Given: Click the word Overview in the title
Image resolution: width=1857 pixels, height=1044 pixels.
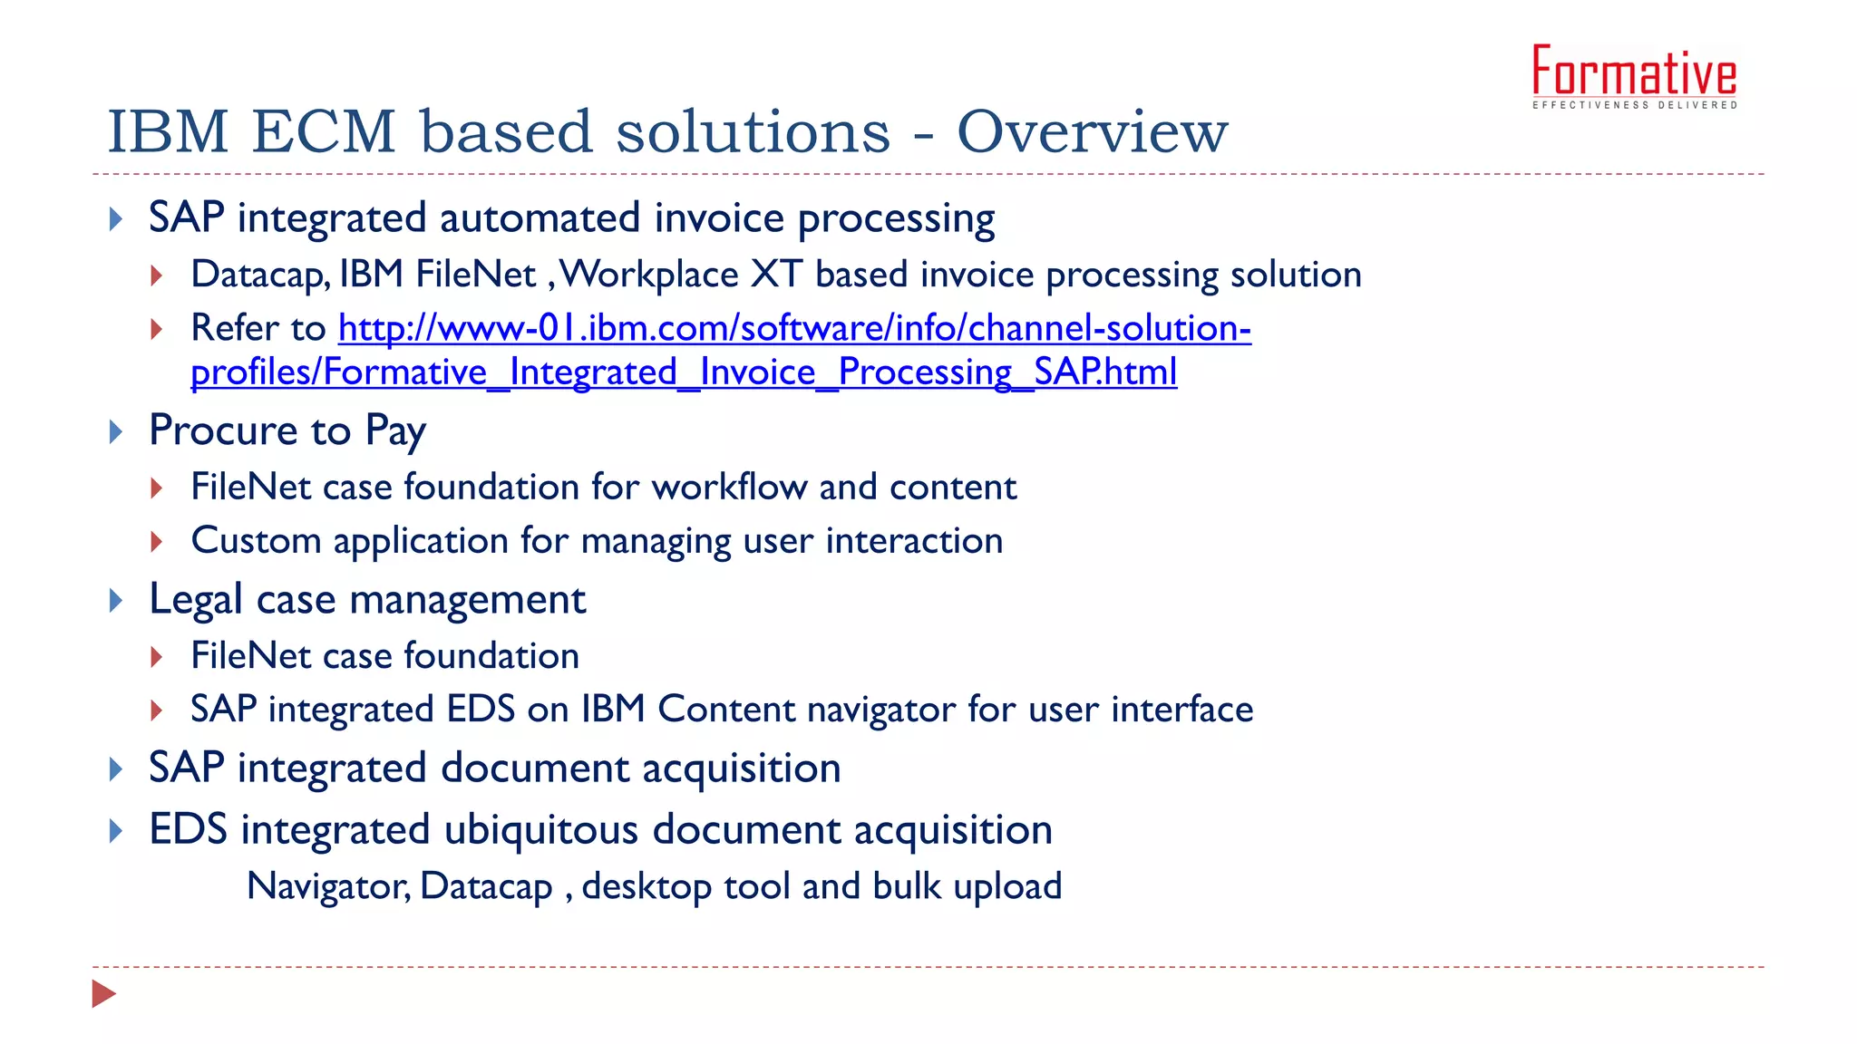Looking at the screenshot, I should tap(1092, 132).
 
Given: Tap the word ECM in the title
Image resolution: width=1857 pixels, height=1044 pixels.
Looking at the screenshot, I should tap(324, 132).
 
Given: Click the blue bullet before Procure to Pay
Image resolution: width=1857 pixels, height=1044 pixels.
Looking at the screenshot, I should tap(115, 431).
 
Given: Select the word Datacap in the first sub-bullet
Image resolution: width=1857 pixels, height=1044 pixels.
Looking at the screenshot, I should tap(259, 275).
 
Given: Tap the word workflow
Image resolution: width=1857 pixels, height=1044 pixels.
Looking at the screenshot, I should tap(729, 488).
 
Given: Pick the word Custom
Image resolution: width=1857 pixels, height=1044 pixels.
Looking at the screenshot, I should tap(256, 541).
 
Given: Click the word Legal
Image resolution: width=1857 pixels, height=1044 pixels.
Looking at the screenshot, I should tap(196, 600).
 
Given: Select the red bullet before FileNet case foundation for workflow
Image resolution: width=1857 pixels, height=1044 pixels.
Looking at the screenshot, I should tap(157, 488).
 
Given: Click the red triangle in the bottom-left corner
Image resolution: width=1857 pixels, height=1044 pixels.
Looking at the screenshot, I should tap(103, 993).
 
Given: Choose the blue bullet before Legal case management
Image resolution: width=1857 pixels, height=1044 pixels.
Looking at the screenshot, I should tap(115, 601).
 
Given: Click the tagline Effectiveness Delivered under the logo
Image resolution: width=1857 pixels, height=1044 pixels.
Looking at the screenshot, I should tap(1634, 106).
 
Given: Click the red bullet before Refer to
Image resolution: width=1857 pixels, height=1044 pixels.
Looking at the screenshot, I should tap(157, 329).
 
